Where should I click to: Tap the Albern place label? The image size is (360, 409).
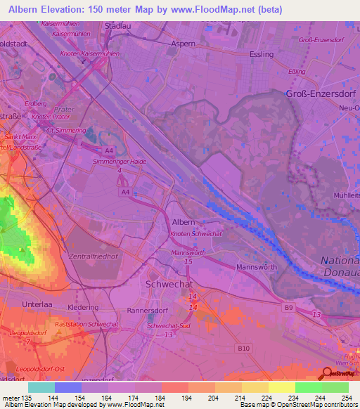coord(184,221)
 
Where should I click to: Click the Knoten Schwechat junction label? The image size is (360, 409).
coord(195,233)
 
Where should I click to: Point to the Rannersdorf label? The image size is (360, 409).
coord(146,310)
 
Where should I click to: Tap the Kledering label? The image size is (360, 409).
coord(83,308)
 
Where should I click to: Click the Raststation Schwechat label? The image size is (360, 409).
coord(86,324)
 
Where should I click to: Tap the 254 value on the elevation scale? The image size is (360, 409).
coord(345,397)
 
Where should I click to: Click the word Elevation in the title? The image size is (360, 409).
coord(69,10)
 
